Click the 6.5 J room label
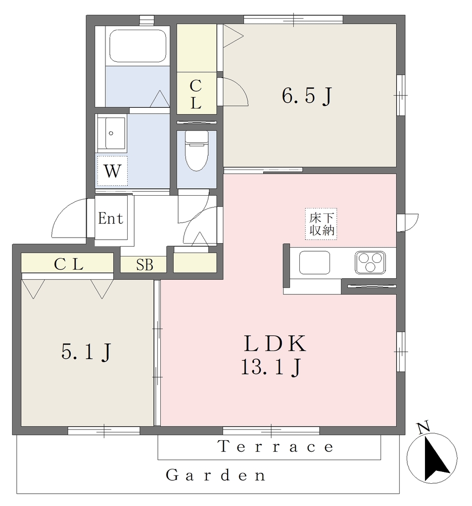(x=307, y=96)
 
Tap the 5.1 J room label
(x=86, y=351)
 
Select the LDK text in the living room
(x=275, y=343)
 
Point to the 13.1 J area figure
(x=271, y=367)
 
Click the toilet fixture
(x=196, y=151)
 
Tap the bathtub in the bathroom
(x=138, y=45)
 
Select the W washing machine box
(x=112, y=170)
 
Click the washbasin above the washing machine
(x=111, y=133)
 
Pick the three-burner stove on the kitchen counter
(x=370, y=262)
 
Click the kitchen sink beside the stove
(x=315, y=262)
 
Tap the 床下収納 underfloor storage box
(x=321, y=224)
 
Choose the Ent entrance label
(x=110, y=218)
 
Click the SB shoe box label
(x=144, y=265)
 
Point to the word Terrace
(x=276, y=447)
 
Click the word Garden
(x=216, y=475)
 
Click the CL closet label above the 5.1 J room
(x=68, y=265)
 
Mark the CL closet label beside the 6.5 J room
(x=196, y=94)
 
